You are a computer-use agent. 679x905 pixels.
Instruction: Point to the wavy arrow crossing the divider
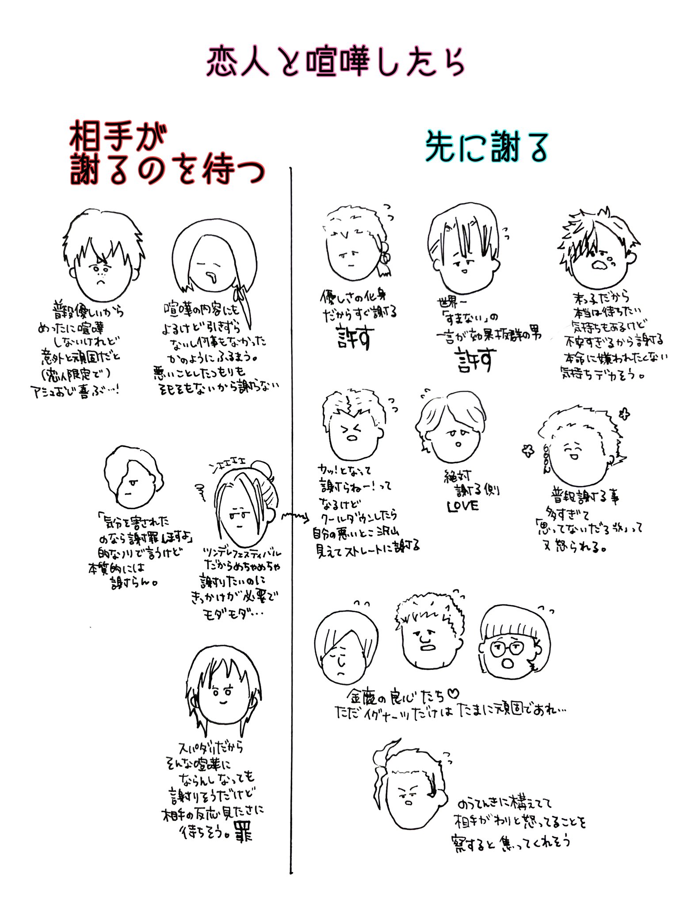click(x=294, y=516)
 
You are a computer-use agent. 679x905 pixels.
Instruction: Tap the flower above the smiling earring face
click(x=624, y=414)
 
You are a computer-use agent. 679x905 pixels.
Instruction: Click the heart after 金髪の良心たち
click(x=454, y=695)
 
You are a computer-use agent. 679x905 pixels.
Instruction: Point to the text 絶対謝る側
click(x=471, y=484)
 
